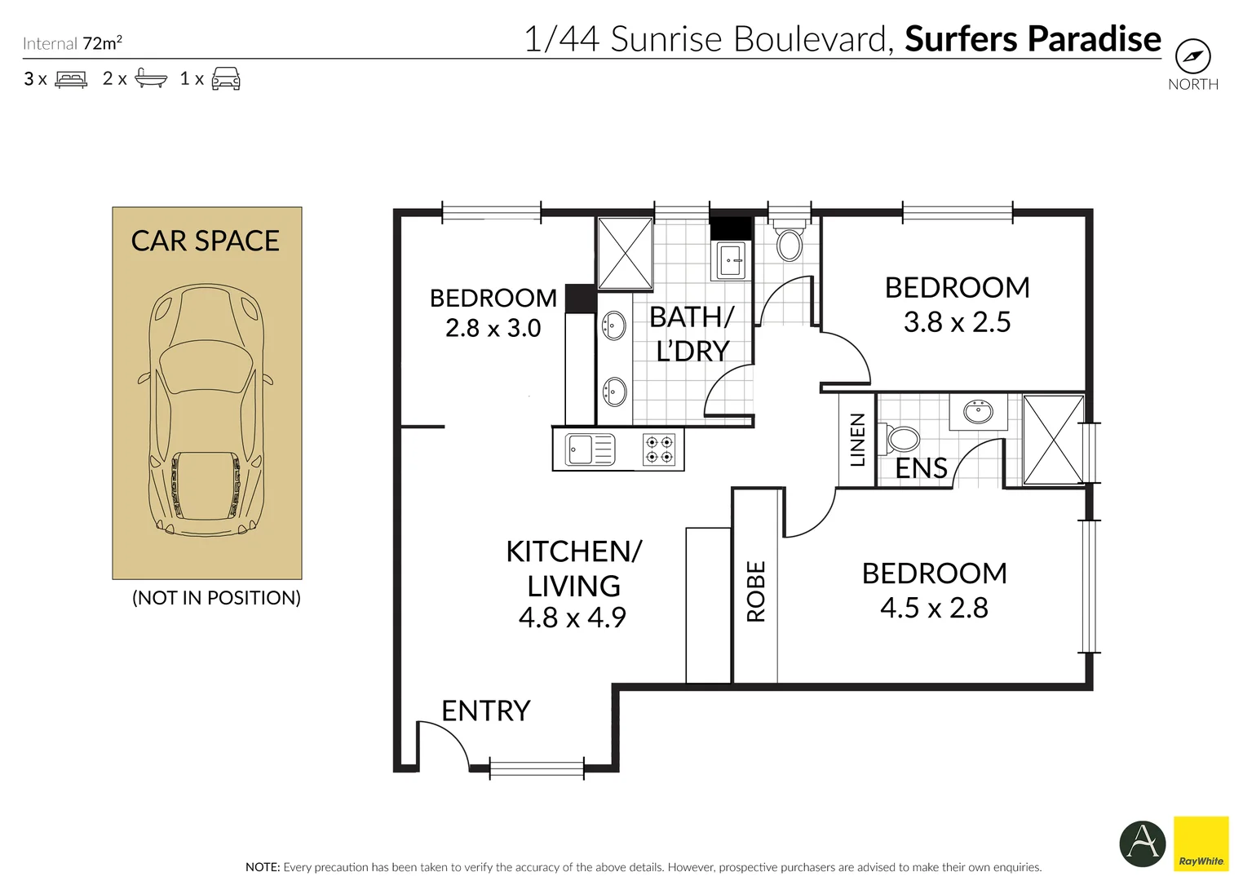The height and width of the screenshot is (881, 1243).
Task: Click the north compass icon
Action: point(1192,57)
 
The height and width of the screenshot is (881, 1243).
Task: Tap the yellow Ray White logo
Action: point(1201,843)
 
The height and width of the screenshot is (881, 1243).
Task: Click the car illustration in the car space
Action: point(206,410)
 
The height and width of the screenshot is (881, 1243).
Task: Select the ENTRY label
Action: point(485,711)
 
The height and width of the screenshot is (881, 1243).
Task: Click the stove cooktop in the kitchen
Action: point(658,449)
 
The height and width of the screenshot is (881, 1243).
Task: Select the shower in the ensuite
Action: point(1053,440)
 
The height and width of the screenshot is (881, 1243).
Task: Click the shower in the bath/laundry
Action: point(625,253)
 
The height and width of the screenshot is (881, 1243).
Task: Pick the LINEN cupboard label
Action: point(857,440)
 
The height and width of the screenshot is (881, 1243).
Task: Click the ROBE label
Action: point(756,591)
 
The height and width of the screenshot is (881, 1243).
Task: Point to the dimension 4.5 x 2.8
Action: point(934,608)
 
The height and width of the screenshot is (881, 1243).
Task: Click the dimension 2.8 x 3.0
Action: point(493,328)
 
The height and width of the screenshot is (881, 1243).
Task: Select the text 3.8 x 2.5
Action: point(957,322)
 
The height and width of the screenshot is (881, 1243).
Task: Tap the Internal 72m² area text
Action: point(73,43)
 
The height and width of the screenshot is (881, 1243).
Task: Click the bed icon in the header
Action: point(71,79)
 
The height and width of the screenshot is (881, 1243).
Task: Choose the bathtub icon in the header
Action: point(151,78)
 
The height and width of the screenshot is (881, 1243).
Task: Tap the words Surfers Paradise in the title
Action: point(1033,39)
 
